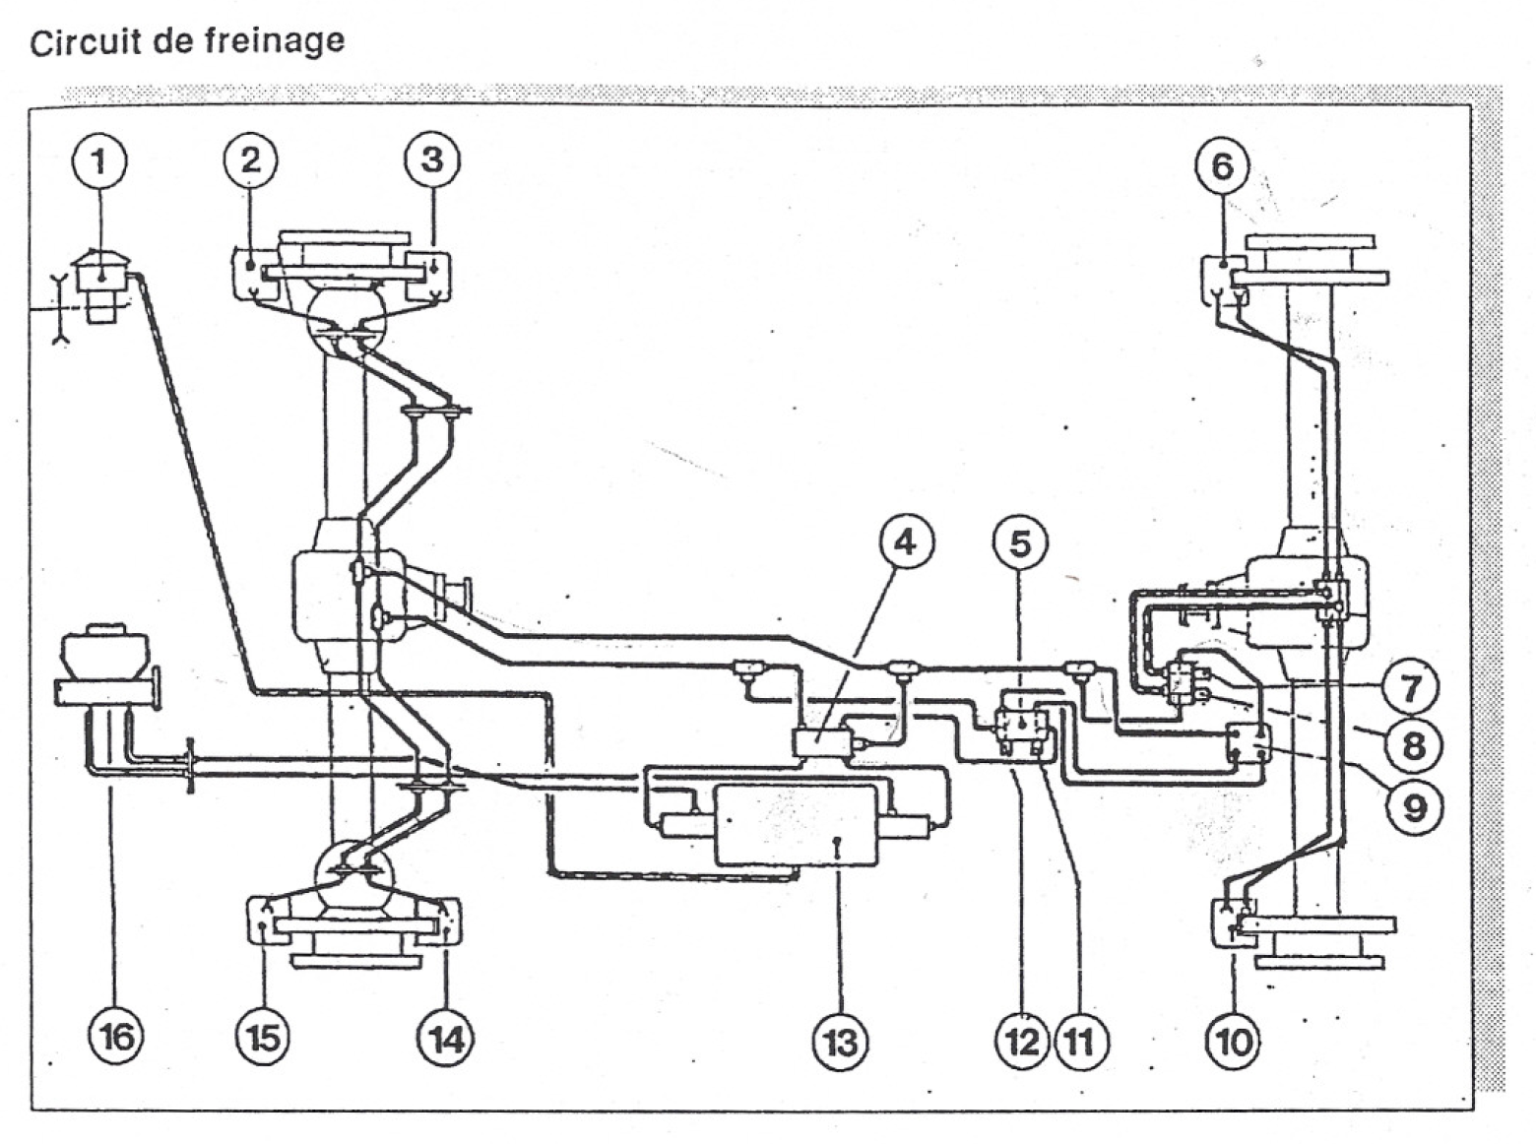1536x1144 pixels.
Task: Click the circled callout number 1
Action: [98, 162]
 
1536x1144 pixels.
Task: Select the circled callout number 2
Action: [250, 159]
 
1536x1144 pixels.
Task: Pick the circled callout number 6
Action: [1222, 166]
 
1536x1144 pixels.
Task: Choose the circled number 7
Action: [1411, 686]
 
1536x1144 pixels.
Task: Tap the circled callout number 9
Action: [1413, 807]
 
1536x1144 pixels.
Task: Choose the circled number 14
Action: [446, 1038]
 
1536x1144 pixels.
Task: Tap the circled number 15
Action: [263, 1038]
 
